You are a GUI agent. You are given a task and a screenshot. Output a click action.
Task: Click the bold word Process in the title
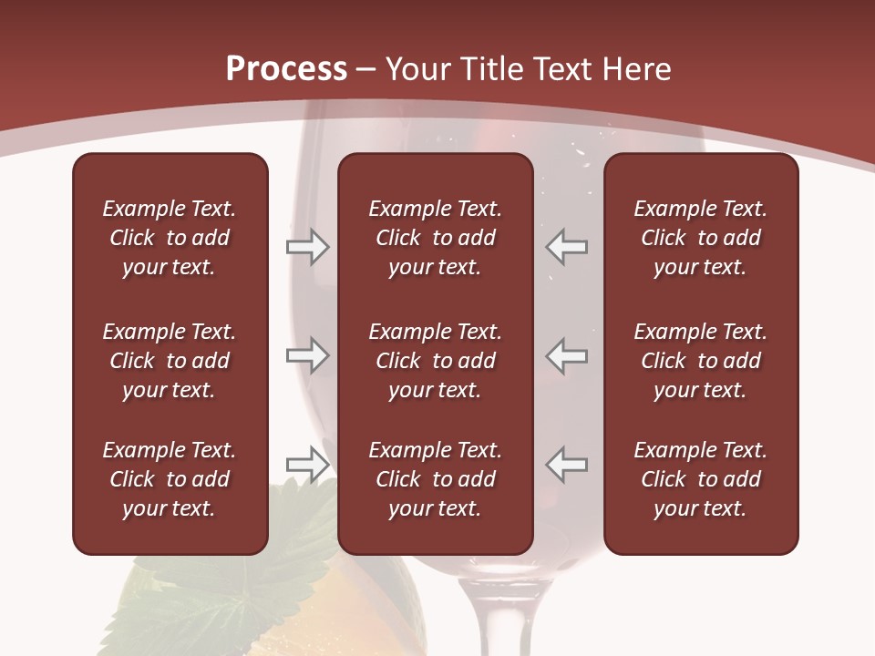pos(286,69)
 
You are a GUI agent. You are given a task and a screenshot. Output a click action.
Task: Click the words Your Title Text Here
pos(528,69)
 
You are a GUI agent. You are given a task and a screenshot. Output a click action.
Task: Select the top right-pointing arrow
pos(307,247)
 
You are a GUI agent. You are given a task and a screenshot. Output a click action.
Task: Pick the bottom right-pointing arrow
pos(307,464)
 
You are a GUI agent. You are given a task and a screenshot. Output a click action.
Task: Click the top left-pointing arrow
pos(567,247)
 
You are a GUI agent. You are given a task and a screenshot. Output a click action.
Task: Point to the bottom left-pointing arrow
pos(567,464)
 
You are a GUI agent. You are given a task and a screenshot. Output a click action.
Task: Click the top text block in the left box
pos(170,238)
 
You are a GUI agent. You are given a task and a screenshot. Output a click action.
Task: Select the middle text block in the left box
pos(170,361)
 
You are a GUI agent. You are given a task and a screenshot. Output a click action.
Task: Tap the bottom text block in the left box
pos(170,479)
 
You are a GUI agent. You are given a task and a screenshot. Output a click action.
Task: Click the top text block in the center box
pos(435,238)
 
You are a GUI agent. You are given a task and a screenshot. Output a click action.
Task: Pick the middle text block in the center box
pos(435,361)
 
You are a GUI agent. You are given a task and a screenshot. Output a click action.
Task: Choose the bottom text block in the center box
pos(435,479)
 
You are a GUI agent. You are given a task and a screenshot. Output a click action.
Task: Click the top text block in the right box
pos(700,238)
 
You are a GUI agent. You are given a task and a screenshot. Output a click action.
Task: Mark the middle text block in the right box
pos(700,361)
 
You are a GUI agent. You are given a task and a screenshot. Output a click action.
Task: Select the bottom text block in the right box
pos(700,479)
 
